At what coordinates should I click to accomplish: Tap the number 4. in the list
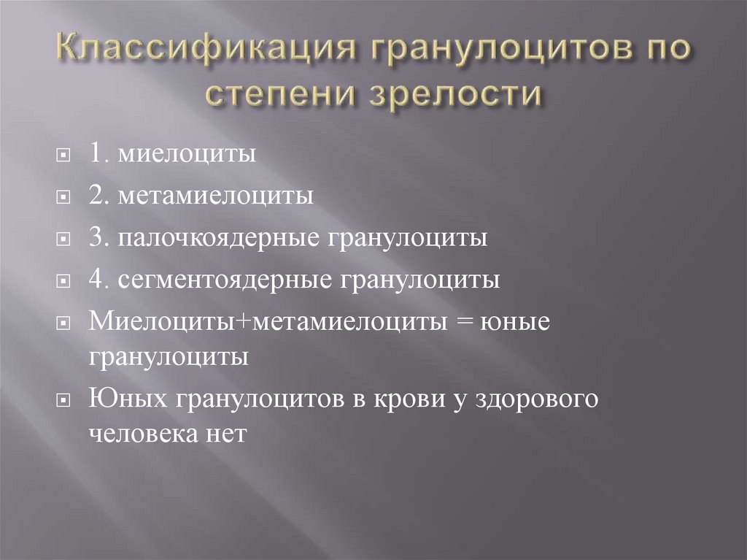(x=99, y=280)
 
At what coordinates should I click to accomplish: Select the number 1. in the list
(x=99, y=155)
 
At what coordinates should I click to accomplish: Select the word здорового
(x=536, y=400)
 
